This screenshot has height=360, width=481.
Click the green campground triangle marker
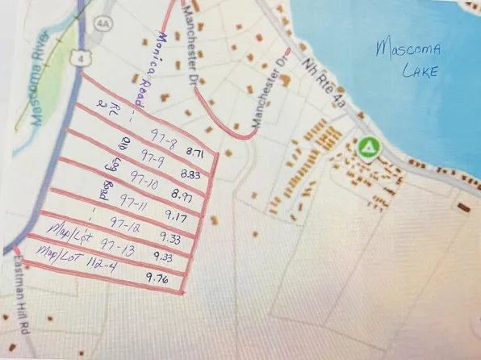coord(368,148)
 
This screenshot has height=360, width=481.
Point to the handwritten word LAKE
coord(418,72)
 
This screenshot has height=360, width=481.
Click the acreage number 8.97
coord(183,194)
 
